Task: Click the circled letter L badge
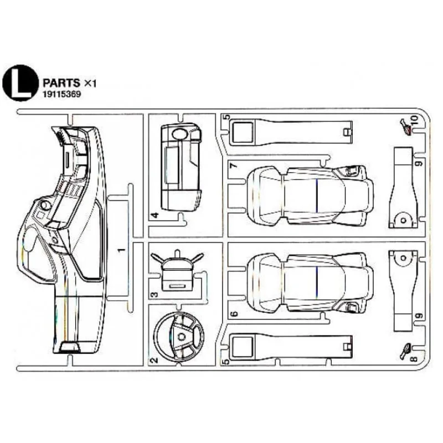(20, 84)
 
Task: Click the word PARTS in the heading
(60, 82)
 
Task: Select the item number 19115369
(63, 95)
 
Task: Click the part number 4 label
(156, 215)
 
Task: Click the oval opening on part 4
(179, 133)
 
